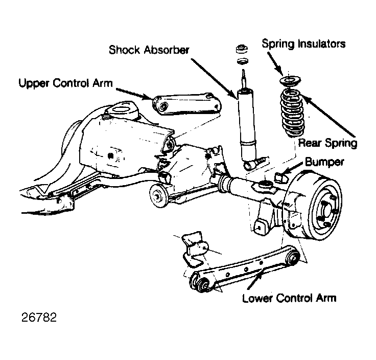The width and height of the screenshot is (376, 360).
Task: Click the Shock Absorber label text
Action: pos(149,50)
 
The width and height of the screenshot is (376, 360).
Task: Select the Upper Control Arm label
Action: pos(65,83)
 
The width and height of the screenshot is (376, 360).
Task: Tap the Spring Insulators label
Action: pos(303,44)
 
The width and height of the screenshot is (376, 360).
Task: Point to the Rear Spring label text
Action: pos(327,143)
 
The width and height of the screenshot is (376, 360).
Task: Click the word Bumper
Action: pos(324,162)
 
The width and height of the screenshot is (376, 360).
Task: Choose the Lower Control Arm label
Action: pos(289,298)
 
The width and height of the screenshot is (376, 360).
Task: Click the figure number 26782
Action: pos(39,317)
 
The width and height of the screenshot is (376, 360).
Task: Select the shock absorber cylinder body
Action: pos(246,125)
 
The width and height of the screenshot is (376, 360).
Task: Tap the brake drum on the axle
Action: pos(317,205)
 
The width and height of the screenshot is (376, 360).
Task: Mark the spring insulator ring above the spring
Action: pos(290,81)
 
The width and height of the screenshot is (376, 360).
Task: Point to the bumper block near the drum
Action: pos(280,177)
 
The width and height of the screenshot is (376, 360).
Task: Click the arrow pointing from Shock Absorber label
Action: pos(214,78)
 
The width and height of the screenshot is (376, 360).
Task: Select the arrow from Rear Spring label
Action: pos(328,115)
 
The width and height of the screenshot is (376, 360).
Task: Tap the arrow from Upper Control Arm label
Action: pos(134,94)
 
